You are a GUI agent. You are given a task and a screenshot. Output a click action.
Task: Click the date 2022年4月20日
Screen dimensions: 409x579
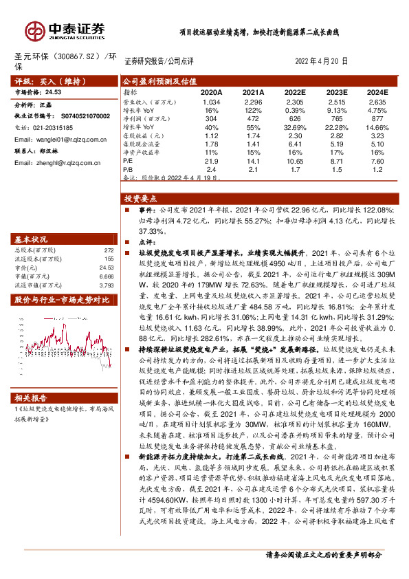tap(321, 61)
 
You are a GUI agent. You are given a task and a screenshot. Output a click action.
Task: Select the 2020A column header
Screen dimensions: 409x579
tap(211, 91)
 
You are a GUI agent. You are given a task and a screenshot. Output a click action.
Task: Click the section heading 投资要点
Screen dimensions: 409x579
tap(137, 197)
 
